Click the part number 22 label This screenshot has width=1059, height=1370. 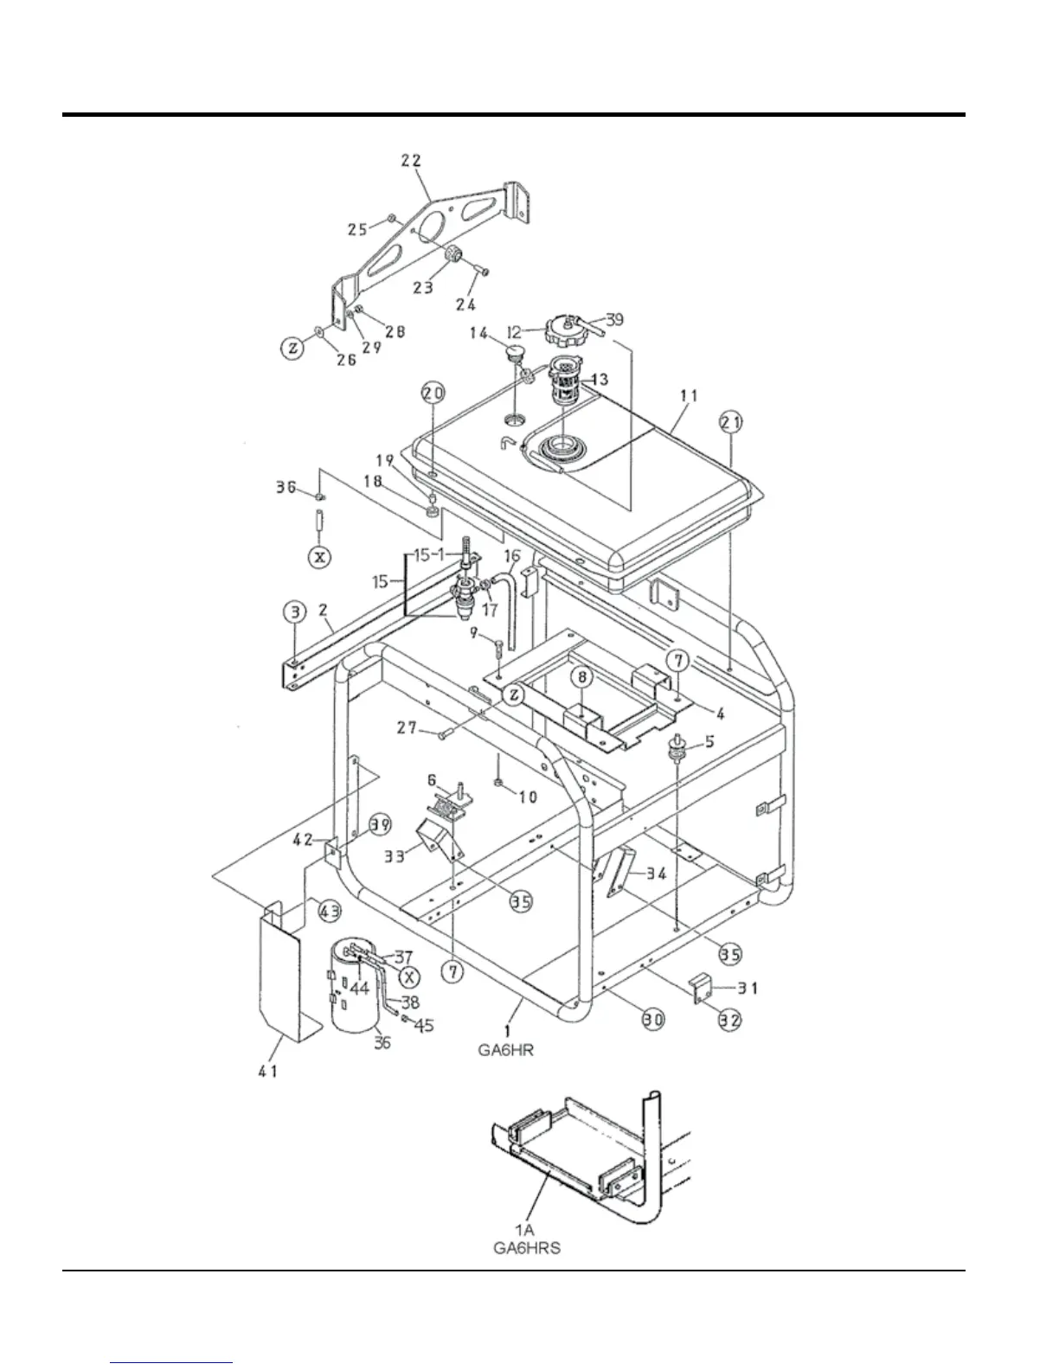pos(411,160)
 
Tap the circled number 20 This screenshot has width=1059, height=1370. pos(433,394)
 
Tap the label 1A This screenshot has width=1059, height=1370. pos(523,1232)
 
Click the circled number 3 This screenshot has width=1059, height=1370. pos(296,613)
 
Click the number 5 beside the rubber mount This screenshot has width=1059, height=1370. pos(709,740)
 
